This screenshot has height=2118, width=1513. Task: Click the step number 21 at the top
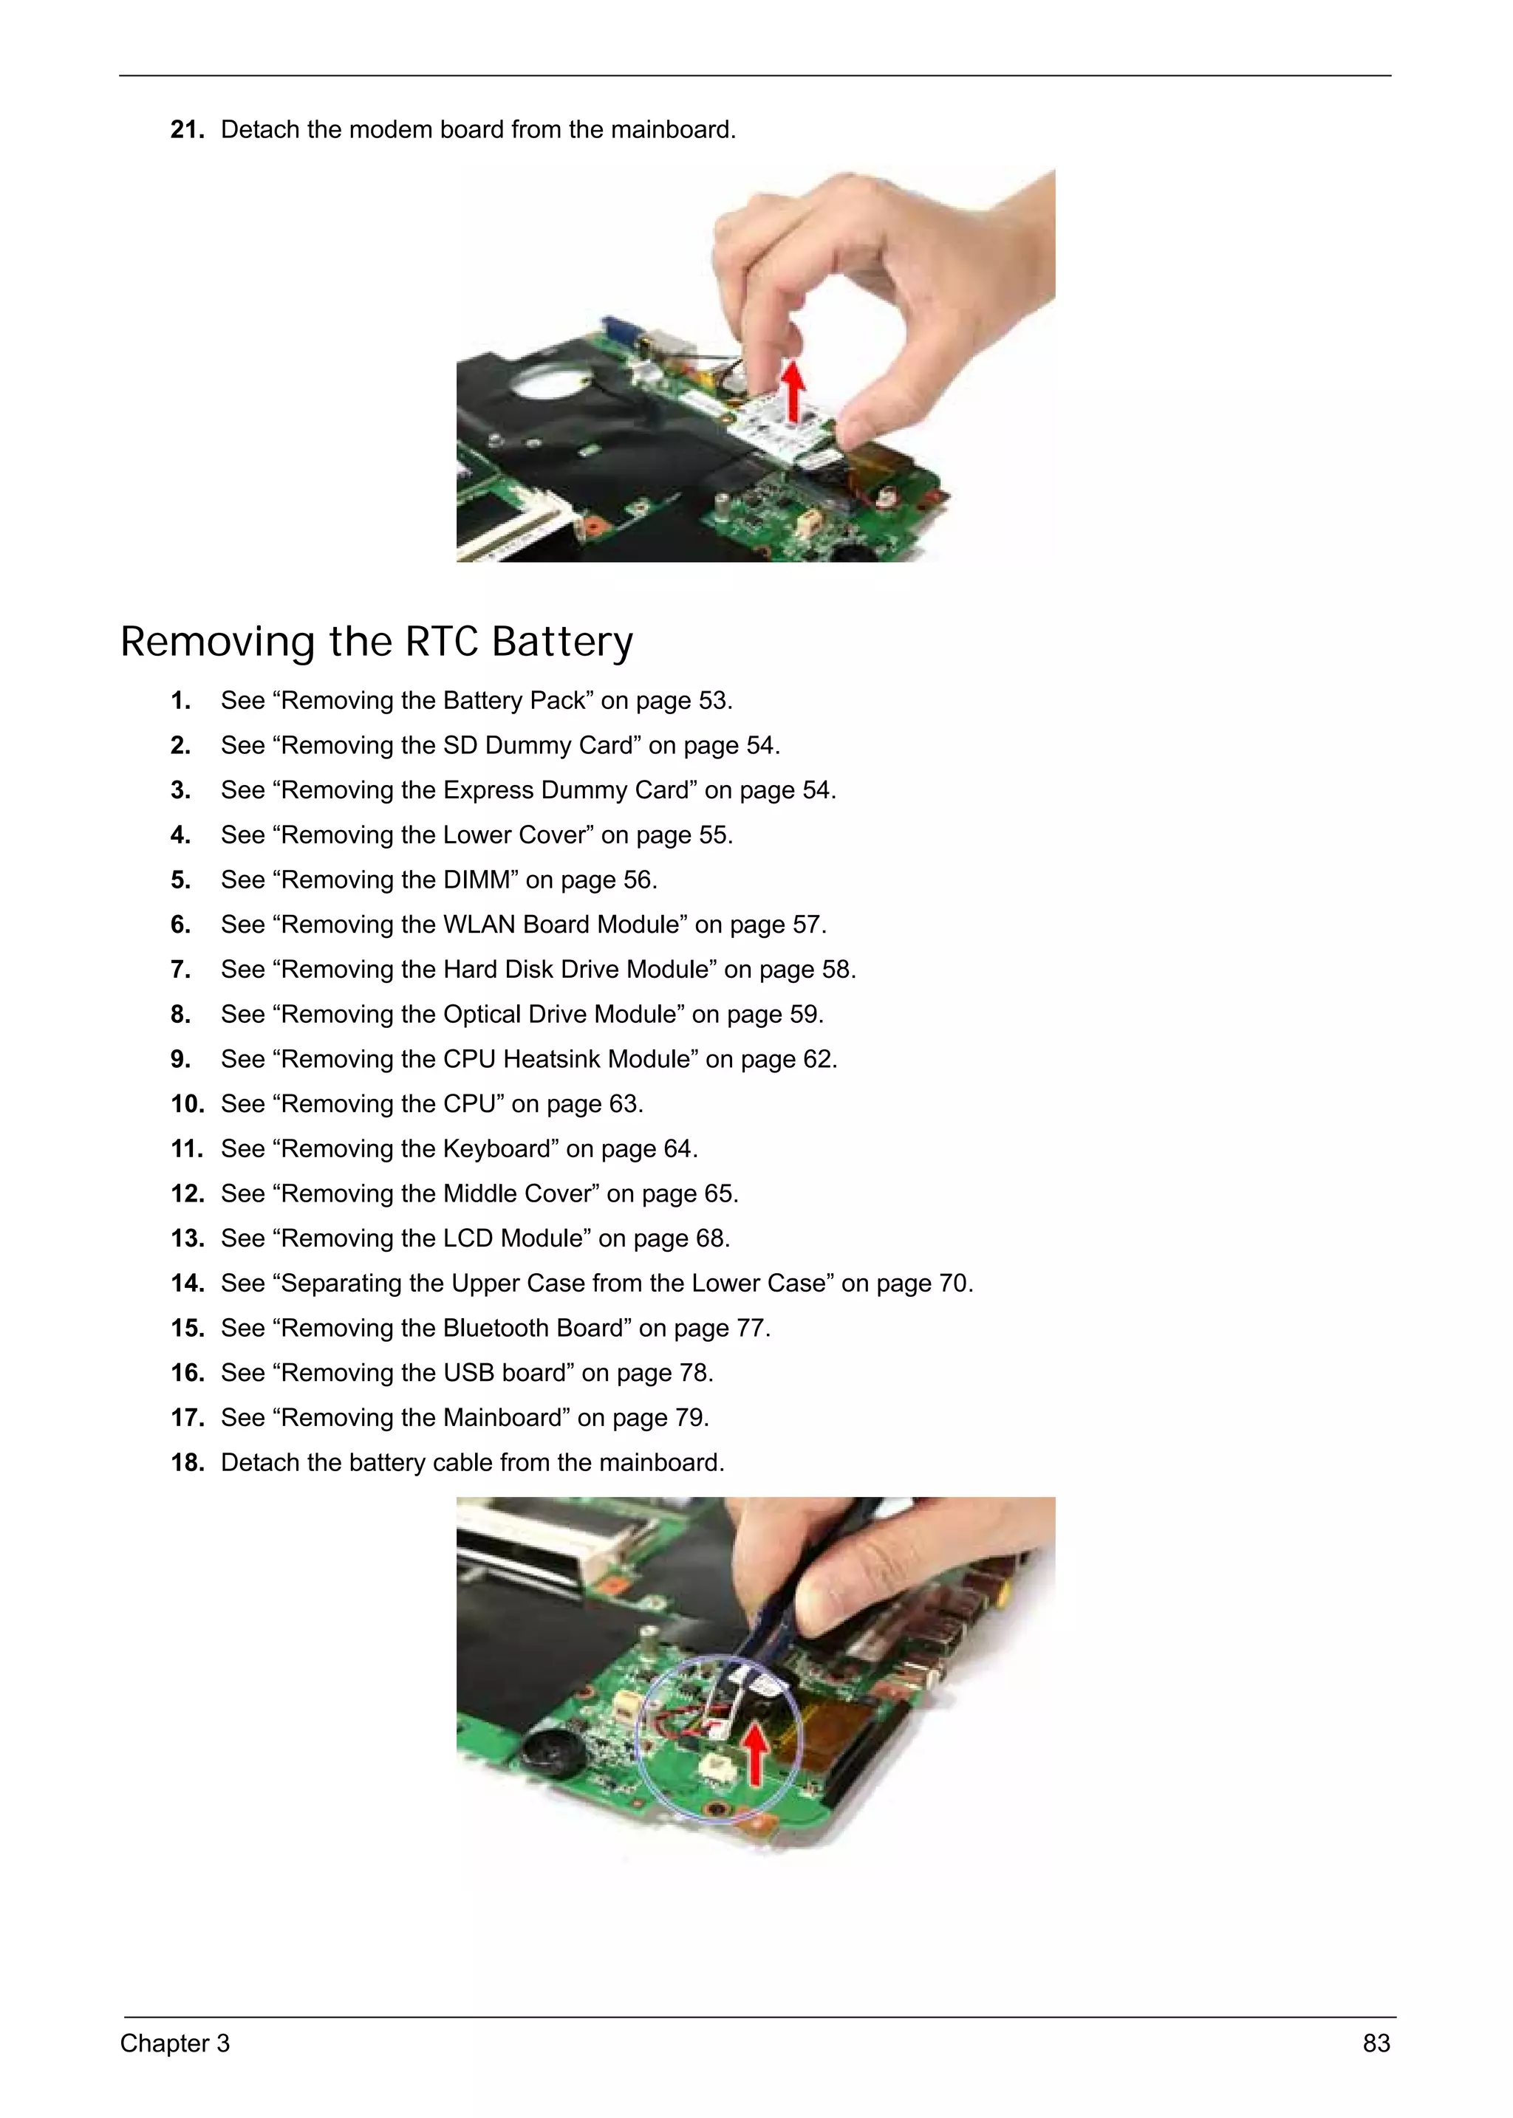186,129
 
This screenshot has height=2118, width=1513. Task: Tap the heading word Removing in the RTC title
218,642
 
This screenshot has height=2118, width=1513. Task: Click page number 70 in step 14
953,1283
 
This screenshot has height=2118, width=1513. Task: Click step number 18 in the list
186,1462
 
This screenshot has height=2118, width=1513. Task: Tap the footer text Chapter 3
174,2043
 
